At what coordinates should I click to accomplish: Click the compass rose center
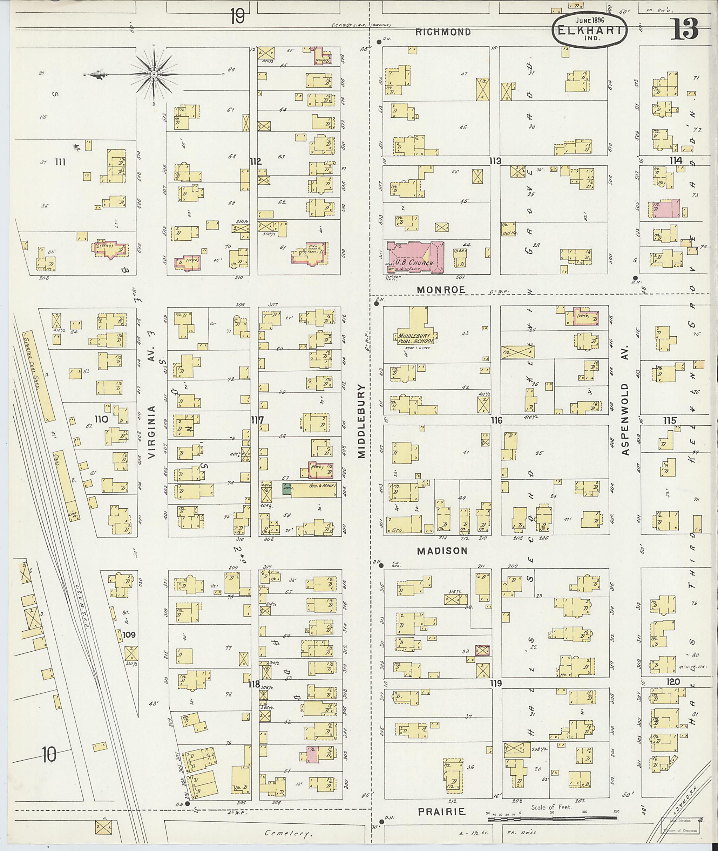coord(154,74)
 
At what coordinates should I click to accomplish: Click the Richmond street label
coord(443,32)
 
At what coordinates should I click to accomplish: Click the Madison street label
coord(442,551)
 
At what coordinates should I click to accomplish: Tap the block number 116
coord(496,420)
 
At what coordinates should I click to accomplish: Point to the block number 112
coord(256,162)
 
